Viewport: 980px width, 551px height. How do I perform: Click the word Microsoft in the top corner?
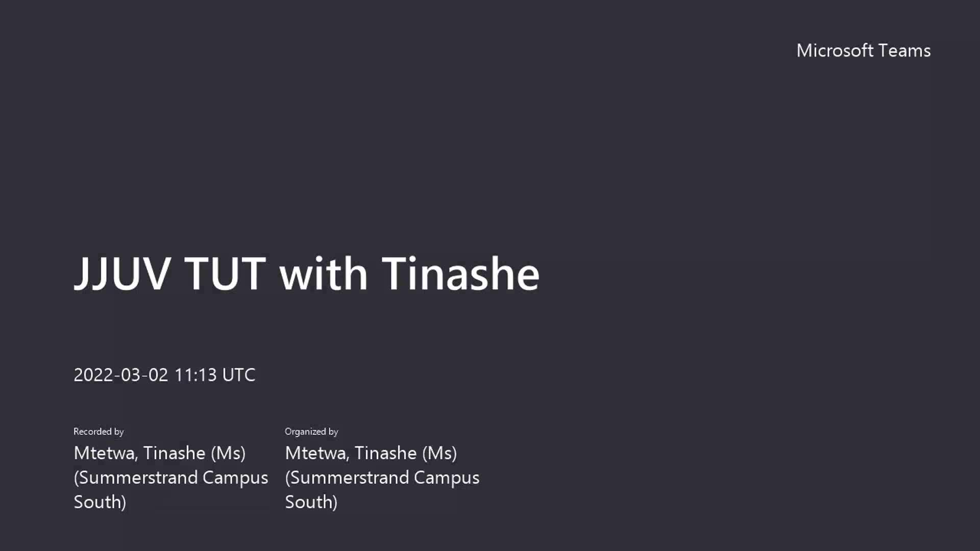[x=835, y=51]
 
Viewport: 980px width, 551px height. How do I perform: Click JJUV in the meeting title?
[x=122, y=274]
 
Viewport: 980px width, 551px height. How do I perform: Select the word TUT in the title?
[x=225, y=273]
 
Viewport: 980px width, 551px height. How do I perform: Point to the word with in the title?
[x=323, y=273]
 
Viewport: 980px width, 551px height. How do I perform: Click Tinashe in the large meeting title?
[x=460, y=273]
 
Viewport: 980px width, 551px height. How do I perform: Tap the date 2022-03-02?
[x=121, y=375]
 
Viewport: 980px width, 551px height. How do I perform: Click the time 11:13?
[x=195, y=375]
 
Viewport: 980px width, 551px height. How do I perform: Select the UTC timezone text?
[x=239, y=375]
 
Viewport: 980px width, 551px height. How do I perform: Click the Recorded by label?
[x=99, y=432]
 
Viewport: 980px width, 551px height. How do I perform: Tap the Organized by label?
[x=311, y=432]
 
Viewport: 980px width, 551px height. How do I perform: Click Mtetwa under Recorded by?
[x=106, y=453]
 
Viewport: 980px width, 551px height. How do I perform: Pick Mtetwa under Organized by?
[x=317, y=453]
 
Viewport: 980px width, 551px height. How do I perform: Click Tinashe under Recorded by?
[x=174, y=453]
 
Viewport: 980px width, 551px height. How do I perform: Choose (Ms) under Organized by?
[x=439, y=453]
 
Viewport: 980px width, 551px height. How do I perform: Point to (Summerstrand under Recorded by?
[x=136, y=478]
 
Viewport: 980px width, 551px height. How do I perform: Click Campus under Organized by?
[x=447, y=478]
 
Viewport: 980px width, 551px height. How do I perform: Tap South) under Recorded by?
[x=100, y=502]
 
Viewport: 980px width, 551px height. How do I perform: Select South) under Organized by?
[x=311, y=502]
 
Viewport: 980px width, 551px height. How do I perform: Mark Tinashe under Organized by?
[x=385, y=453]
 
